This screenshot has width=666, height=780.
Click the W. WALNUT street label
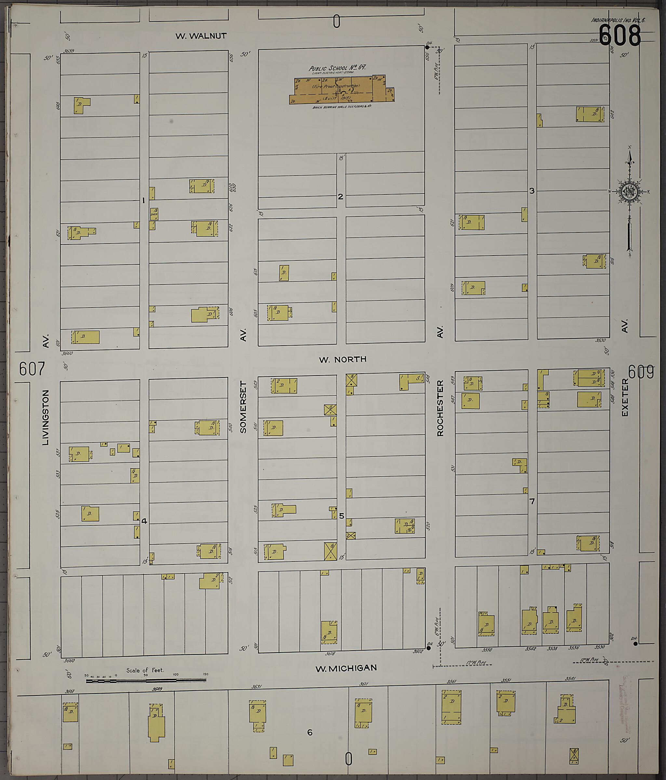[201, 36]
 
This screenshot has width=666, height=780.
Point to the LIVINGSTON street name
[46, 417]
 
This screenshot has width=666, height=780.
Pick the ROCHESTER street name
[440, 408]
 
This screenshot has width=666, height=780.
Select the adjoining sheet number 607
[32, 369]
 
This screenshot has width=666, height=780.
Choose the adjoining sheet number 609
[641, 372]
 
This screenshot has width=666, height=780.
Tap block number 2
[340, 196]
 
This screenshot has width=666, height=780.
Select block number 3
[532, 191]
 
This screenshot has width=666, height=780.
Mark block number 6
[310, 733]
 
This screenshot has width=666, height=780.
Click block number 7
[532, 501]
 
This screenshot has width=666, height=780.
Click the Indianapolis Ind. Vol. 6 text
[618, 20]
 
